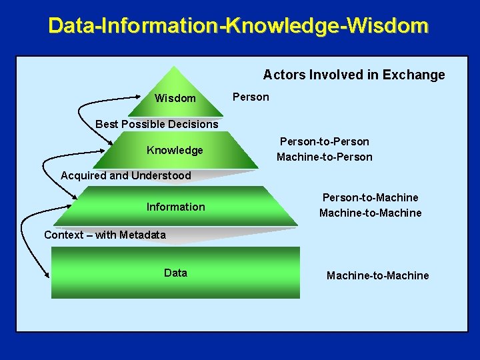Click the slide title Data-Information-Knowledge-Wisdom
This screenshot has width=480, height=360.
tap(239, 26)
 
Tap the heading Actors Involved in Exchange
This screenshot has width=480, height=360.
tap(353, 75)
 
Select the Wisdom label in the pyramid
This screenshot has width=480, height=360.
tap(175, 99)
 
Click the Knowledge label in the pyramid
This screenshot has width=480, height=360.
tap(175, 150)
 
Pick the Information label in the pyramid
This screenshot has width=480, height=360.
tap(176, 207)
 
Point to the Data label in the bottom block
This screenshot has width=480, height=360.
tap(175, 273)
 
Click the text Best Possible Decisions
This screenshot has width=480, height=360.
tap(157, 124)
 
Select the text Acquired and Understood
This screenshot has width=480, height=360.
tap(125, 176)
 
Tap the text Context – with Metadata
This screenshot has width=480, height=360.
tap(105, 235)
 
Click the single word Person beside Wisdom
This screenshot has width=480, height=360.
tap(251, 97)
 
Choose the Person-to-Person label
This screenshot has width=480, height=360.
tap(324, 141)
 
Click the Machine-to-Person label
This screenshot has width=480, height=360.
tap(324, 157)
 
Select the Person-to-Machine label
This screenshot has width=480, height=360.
tap(370, 197)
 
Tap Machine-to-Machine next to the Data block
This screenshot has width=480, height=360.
tap(377, 275)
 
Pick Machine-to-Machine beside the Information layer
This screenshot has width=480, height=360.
tap(370, 213)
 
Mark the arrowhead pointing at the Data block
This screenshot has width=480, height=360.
tap(48, 275)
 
